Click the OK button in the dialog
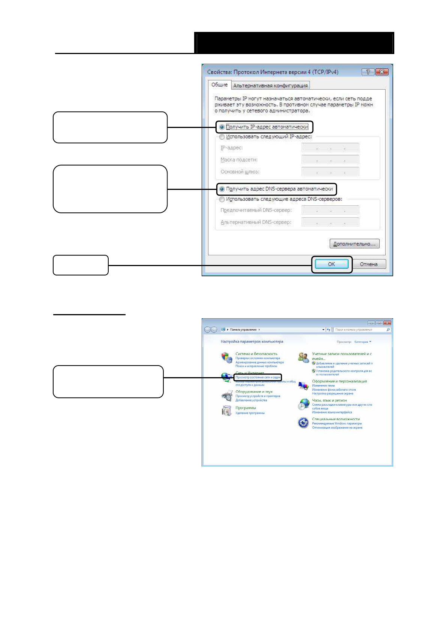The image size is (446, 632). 331,264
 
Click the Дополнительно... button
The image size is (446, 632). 354,244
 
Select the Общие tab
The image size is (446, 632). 219,85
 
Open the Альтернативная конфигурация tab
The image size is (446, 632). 270,86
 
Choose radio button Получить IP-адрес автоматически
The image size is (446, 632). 222,127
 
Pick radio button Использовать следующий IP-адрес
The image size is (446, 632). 222,137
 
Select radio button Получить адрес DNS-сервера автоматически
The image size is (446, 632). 222,189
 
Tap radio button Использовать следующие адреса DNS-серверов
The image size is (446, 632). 222,199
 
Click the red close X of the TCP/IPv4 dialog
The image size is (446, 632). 382,72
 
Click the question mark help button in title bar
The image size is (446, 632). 368,72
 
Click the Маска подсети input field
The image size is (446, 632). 330,160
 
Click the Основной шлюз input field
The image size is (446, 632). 330,172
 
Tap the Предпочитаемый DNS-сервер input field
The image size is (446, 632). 330,210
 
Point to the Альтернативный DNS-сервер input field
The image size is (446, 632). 330,222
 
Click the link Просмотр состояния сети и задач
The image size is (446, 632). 258,377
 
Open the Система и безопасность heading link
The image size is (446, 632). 256,354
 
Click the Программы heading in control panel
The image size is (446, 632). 245,408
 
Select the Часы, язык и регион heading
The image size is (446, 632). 329,400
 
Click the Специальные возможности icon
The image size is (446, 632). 303,423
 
